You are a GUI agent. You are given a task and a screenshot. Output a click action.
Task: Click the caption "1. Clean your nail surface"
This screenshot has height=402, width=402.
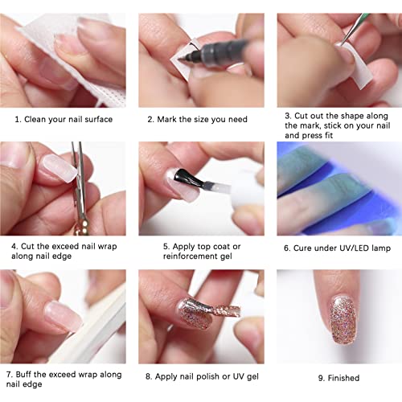pyautogui.click(x=64, y=120)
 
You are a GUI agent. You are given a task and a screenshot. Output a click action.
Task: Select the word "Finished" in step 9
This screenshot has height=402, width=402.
pyautogui.click(x=343, y=377)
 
